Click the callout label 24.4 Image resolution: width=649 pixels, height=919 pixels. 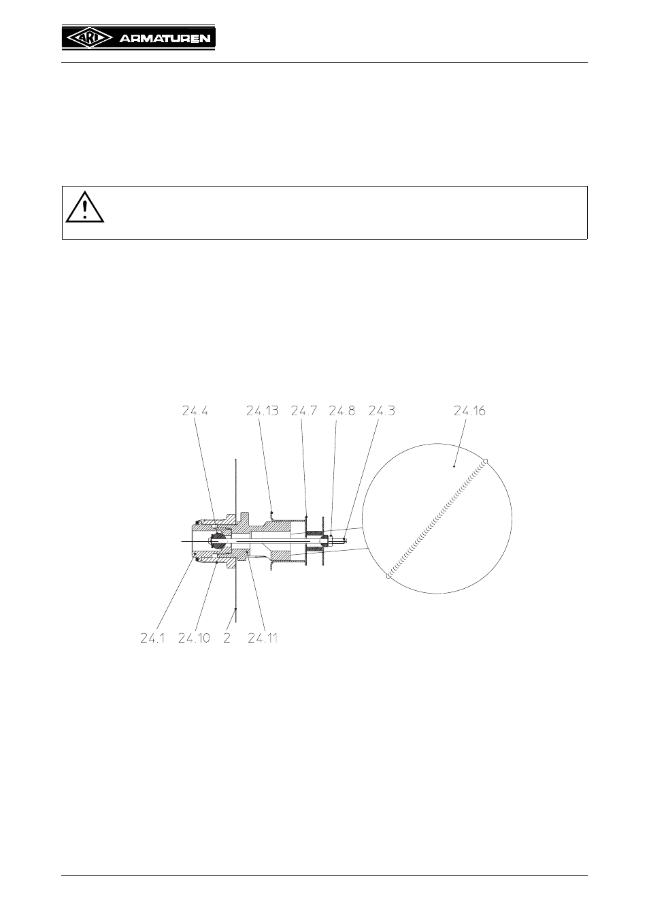click(x=195, y=410)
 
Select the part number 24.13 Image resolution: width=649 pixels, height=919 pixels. click(x=262, y=410)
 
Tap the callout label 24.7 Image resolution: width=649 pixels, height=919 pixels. click(x=304, y=410)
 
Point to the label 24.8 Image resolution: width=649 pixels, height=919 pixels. click(x=342, y=410)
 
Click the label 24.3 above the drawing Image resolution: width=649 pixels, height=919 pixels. click(x=382, y=410)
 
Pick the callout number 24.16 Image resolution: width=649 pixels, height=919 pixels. click(x=470, y=410)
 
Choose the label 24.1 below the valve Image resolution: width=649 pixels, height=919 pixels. click(x=152, y=638)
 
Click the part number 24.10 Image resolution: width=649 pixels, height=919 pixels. click(x=194, y=638)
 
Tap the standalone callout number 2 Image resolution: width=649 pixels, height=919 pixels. click(x=227, y=638)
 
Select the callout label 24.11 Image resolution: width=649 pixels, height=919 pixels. click(x=263, y=638)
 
